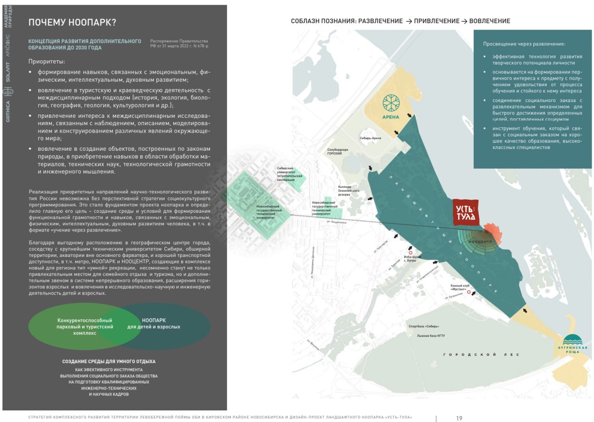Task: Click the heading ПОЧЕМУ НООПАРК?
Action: [72, 22]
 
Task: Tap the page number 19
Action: [459, 418]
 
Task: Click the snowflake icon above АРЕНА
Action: [390, 103]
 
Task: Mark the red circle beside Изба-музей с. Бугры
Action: [411, 248]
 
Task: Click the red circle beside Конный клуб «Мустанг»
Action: [469, 292]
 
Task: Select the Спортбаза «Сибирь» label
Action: [422, 326]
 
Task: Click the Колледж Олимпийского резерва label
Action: [348, 190]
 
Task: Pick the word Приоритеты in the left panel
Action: [46, 61]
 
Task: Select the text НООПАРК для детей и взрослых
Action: [154, 324]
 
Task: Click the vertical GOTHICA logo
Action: [8, 111]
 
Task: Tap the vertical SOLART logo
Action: [8, 72]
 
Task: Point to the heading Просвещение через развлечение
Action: [524, 44]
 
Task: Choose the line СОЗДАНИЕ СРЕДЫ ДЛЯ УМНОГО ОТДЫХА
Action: [109, 361]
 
